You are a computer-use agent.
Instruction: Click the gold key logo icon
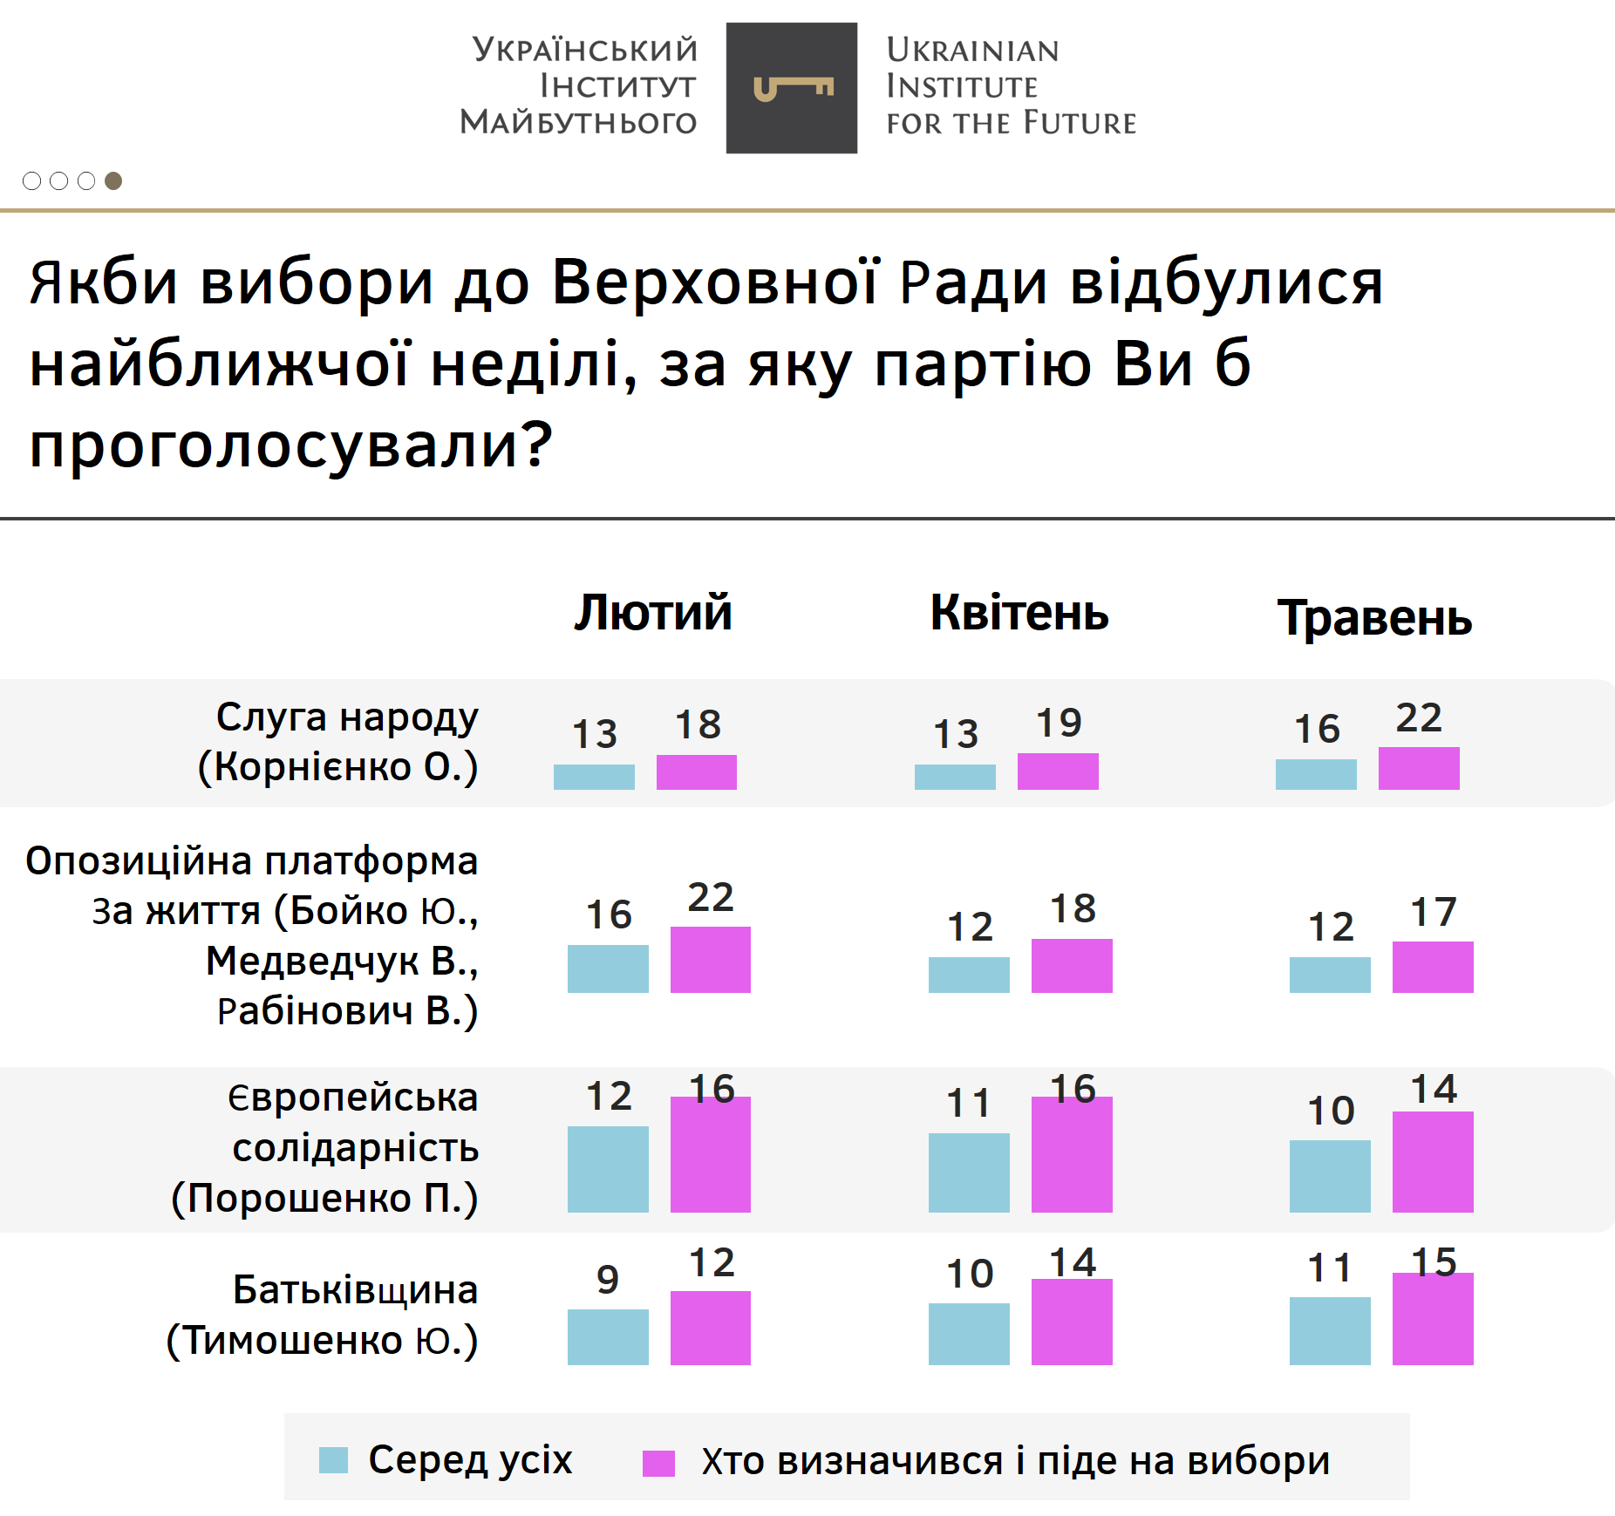click(x=793, y=88)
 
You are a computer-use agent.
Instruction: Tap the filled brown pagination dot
click(x=113, y=180)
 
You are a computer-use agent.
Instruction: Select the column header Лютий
click(x=653, y=613)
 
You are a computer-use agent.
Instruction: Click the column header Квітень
click(x=1019, y=613)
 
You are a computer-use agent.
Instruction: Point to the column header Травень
click(x=1374, y=619)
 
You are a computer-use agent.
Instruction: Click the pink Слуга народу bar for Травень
click(x=1419, y=769)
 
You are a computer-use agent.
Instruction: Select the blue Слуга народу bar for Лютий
click(x=594, y=777)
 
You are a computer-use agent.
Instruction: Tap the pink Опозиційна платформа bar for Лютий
click(x=710, y=960)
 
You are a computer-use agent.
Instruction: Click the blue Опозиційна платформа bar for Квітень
click(x=969, y=975)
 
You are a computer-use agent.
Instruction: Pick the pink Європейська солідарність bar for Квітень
click(x=1072, y=1154)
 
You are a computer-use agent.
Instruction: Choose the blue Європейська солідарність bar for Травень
click(x=1330, y=1176)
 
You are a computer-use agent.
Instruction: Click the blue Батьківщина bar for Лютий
click(x=608, y=1336)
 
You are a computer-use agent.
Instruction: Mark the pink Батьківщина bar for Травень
click(x=1433, y=1319)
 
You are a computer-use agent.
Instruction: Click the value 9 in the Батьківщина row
click(x=608, y=1280)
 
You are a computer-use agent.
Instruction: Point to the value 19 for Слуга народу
click(x=1059, y=723)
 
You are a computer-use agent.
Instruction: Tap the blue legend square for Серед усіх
click(x=333, y=1460)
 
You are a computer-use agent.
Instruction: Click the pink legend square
click(x=658, y=1464)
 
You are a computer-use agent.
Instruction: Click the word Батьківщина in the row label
click(x=355, y=1290)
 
